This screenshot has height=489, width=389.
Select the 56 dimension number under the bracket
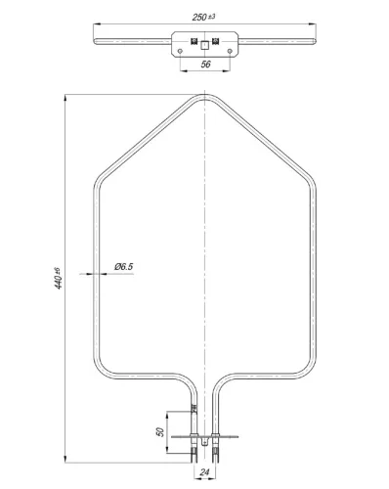[205, 65]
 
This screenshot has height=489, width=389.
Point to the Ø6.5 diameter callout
[124, 267]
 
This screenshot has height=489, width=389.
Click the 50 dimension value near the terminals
[160, 432]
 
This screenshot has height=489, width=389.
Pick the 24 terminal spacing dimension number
[204, 472]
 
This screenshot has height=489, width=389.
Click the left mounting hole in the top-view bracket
[180, 51]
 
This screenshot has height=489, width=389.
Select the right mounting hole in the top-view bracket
[230, 51]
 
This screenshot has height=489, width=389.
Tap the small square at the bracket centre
[204, 45]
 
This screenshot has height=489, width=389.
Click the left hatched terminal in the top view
[194, 41]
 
